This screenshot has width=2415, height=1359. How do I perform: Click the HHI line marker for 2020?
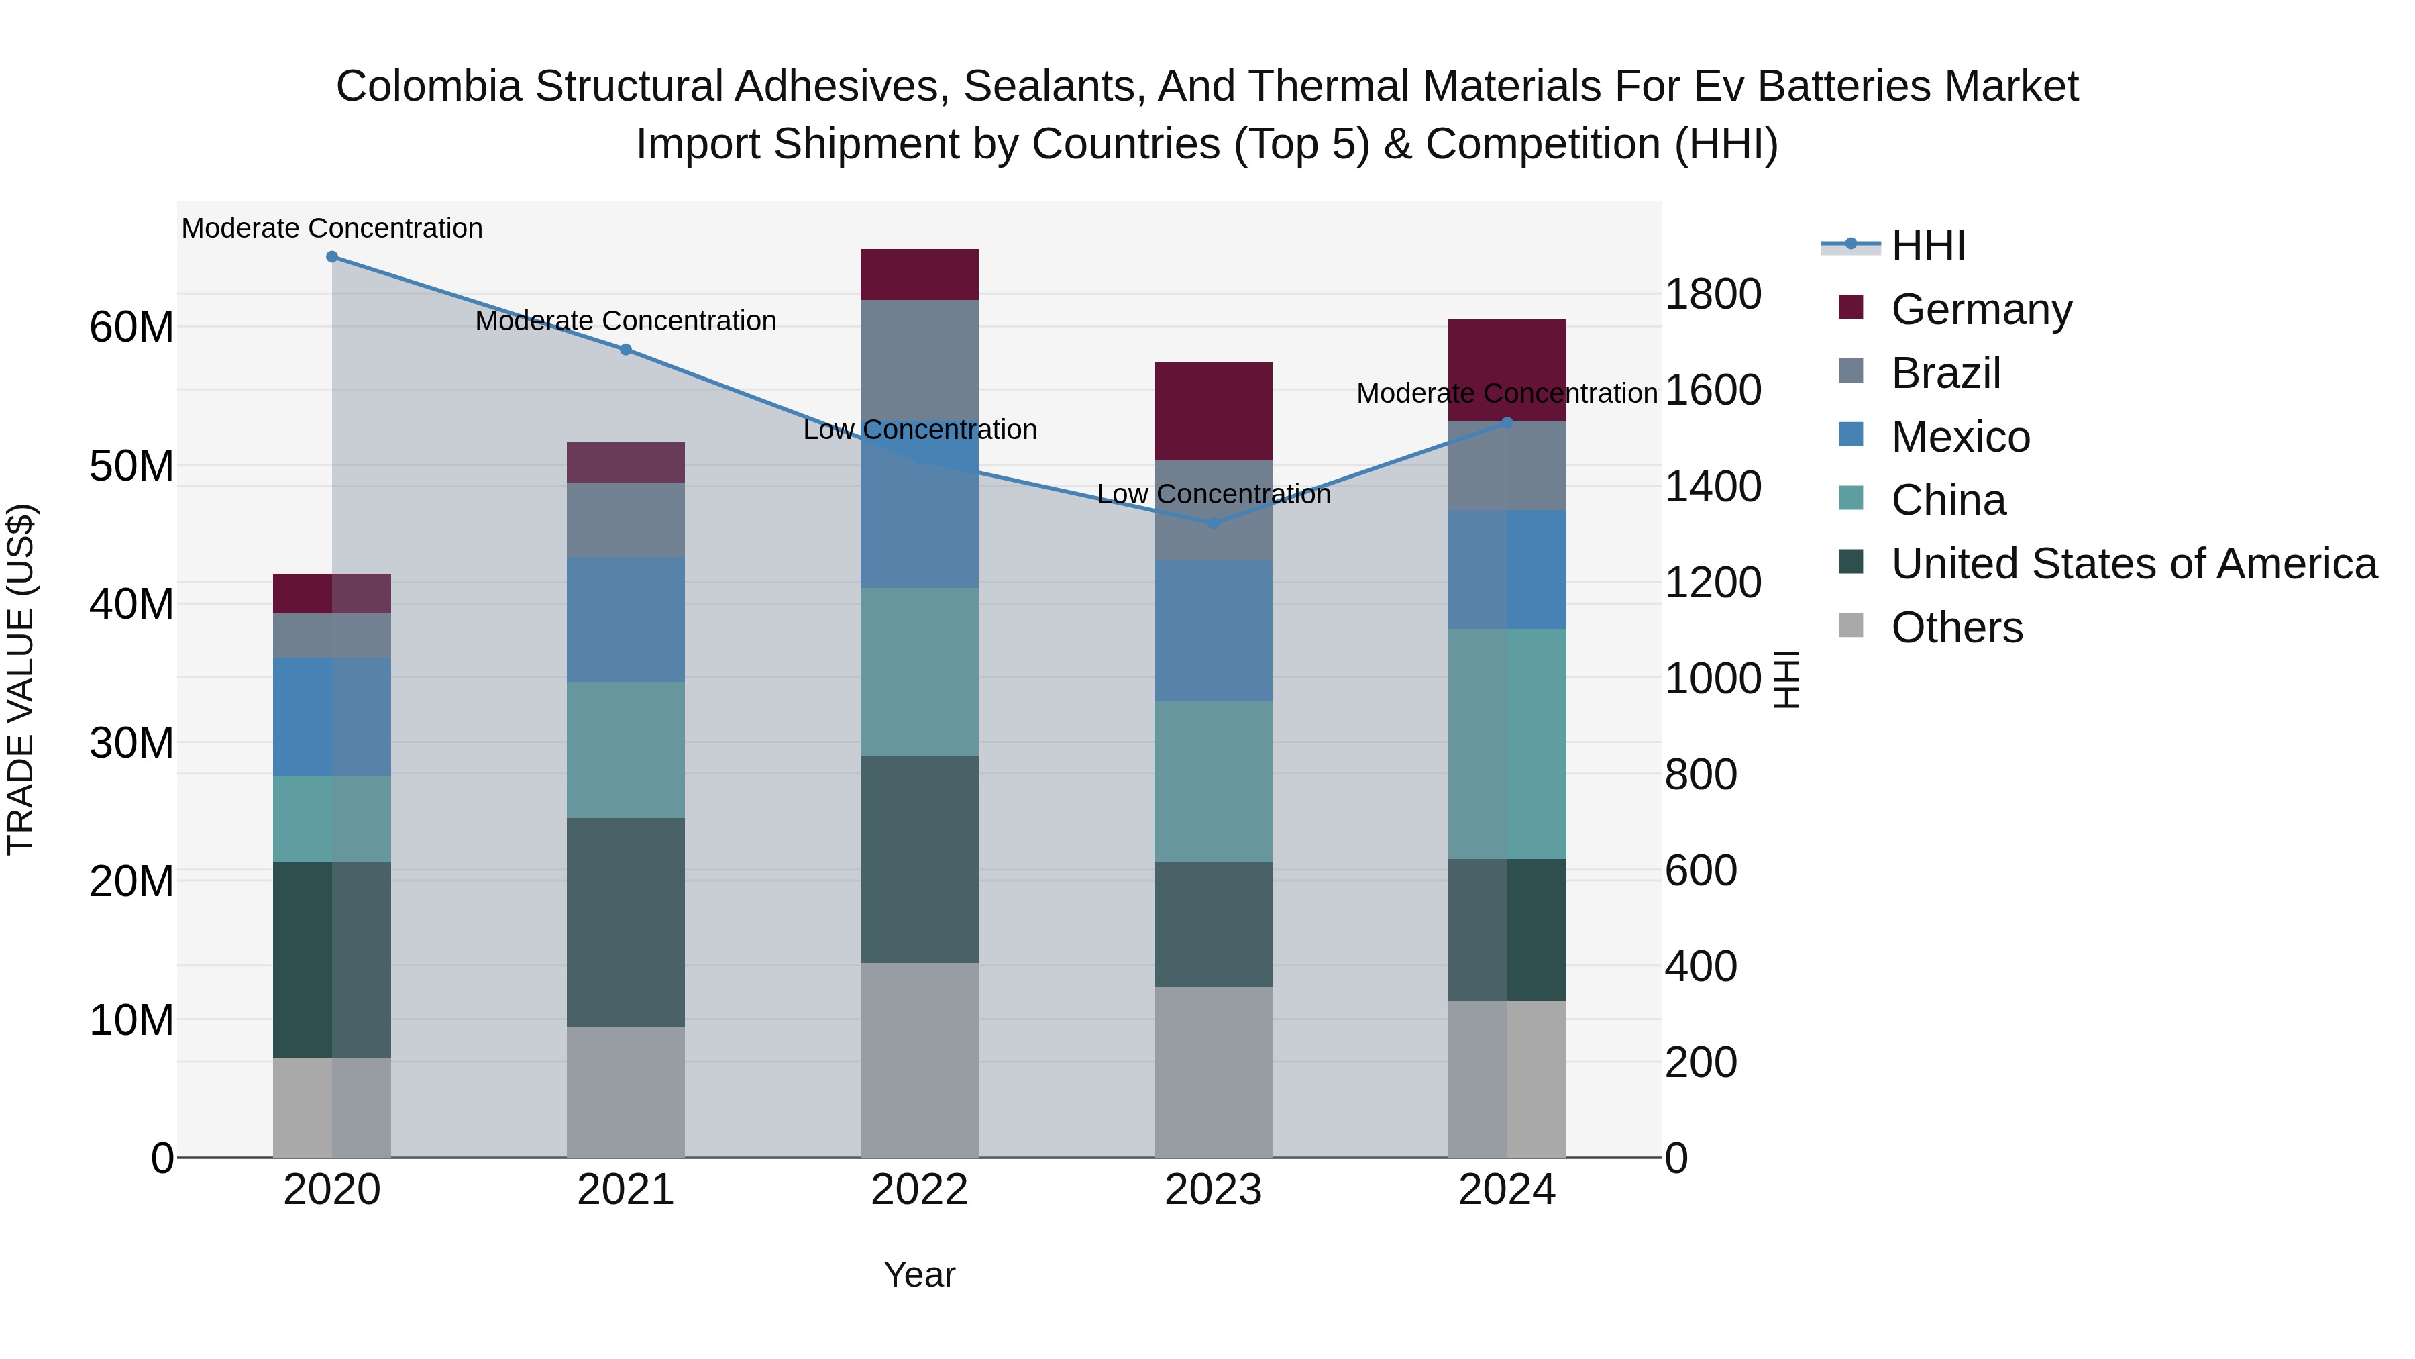point(332,257)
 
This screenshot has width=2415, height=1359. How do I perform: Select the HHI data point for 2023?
point(1213,523)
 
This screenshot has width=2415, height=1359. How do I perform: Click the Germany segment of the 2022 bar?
point(919,274)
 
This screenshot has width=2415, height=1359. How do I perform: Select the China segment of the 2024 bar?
point(1507,744)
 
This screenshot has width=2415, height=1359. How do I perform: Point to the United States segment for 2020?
point(332,960)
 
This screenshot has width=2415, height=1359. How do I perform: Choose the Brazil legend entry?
point(1945,373)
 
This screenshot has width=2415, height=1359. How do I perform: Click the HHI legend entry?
point(1927,246)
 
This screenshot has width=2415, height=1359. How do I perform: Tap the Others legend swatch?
point(1851,625)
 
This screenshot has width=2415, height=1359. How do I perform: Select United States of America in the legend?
point(2133,564)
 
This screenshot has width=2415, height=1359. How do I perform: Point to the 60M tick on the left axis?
point(131,328)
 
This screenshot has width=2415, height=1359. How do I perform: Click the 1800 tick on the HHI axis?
point(1712,295)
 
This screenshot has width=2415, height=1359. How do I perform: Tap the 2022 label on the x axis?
point(919,1190)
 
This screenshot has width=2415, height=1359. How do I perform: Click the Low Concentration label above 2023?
point(1213,494)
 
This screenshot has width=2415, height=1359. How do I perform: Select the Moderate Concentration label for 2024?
point(1507,393)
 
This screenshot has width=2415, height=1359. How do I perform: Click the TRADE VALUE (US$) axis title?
point(21,679)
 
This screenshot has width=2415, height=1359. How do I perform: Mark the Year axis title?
point(919,1274)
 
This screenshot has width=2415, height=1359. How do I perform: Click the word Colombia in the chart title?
point(429,87)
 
